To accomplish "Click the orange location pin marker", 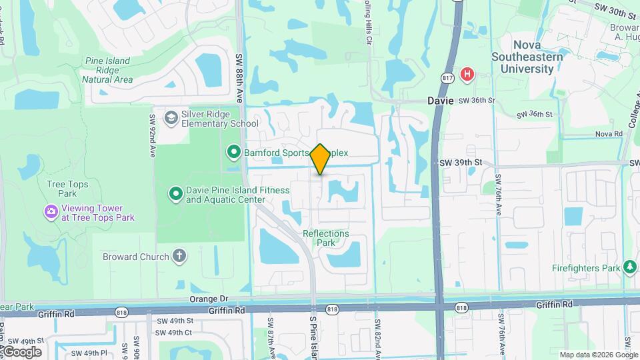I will coord(321,159).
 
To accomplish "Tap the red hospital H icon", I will coord(467,73).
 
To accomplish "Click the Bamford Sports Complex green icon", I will coord(234,153).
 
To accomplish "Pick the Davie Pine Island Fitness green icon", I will coord(176,194).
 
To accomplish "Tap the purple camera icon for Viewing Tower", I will coord(51,212).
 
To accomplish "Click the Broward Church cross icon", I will coord(179,256).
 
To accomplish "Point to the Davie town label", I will coord(441,101).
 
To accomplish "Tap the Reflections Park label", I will coord(325,238).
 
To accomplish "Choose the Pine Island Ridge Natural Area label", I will coord(108,70).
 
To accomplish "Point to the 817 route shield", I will coord(448,78).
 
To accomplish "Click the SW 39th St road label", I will coord(461,163).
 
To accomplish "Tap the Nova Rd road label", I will coord(608,134).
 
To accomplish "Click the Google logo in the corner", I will coord(21,352).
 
